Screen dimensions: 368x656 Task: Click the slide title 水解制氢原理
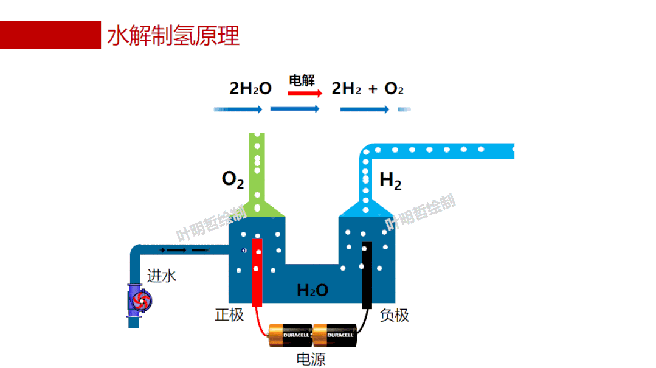tap(173, 35)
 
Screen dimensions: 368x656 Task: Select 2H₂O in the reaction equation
tap(250, 89)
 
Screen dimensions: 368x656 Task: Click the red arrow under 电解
tap(305, 94)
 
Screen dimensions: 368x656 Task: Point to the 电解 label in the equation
tap(302, 80)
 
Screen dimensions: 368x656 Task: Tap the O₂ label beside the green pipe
tap(233, 179)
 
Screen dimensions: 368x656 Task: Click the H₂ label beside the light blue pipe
tap(390, 181)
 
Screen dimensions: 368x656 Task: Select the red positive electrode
tap(257, 273)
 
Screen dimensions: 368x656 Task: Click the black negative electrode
tap(367, 276)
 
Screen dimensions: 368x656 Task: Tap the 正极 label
tap(229, 314)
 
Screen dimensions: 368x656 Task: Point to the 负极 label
tap(395, 315)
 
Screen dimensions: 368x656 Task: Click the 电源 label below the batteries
tap(311, 359)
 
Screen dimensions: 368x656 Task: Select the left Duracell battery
tap(290, 335)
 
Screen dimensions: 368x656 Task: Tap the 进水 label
tap(162, 276)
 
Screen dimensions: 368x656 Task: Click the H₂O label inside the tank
tap(312, 291)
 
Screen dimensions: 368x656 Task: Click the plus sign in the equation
tap(373, 89)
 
